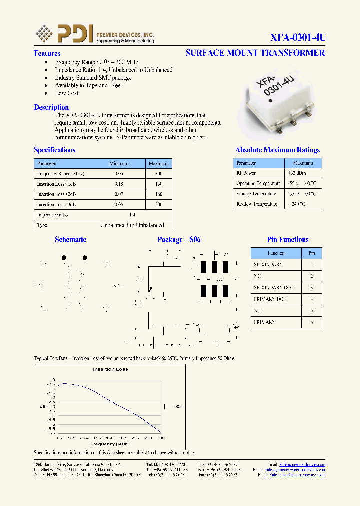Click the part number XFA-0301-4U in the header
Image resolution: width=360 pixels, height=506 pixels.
click(x=298, y=37)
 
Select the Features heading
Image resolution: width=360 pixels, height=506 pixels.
click(x=47, y=53)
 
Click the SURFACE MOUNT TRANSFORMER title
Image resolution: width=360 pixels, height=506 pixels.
click(x=255, y=53)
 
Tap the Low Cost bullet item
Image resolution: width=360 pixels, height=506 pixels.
click(x=67, y=93)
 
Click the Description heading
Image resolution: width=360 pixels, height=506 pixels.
click(x=51, y=107)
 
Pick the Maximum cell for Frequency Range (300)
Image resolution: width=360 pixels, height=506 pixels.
click(x=159, y=174)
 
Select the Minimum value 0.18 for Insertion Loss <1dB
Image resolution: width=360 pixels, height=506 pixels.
click(x=118, y=184)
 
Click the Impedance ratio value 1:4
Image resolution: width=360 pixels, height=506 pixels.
click(x=132, y=215)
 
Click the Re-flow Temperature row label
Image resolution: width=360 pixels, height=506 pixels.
click(x=257, y=204)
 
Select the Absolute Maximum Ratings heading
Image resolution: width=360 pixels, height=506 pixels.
click(x=277, y=150)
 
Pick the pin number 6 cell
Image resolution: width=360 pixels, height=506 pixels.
click(x=312, y=322)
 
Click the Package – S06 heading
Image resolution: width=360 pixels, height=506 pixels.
click(x=179, y=240)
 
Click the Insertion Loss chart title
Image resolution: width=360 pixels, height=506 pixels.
click(x=110, y=369)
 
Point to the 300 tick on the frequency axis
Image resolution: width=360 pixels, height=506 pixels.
click(x=160, y=438)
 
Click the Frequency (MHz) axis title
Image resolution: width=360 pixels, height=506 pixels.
click(x=110, y=444)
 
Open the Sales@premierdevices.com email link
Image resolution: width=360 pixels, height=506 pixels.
click(x=302, y=464)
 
